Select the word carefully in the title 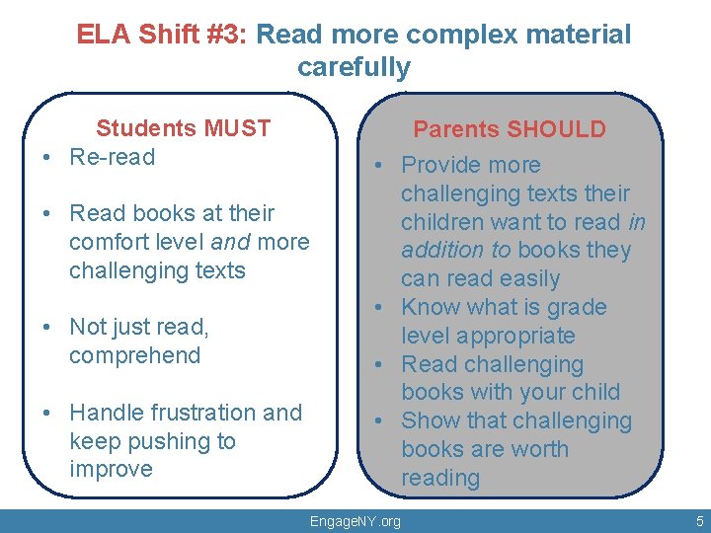coord(354,67)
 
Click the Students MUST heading coord(183,128)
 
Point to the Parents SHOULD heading coord(509,129)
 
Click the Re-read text coord(113,157)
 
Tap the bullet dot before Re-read coord(47,158)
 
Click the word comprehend coord(134,355)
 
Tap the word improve coord(111,469)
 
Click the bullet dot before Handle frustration coord(47,414)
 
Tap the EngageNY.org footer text coord(355,521)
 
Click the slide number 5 coord(699,521)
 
